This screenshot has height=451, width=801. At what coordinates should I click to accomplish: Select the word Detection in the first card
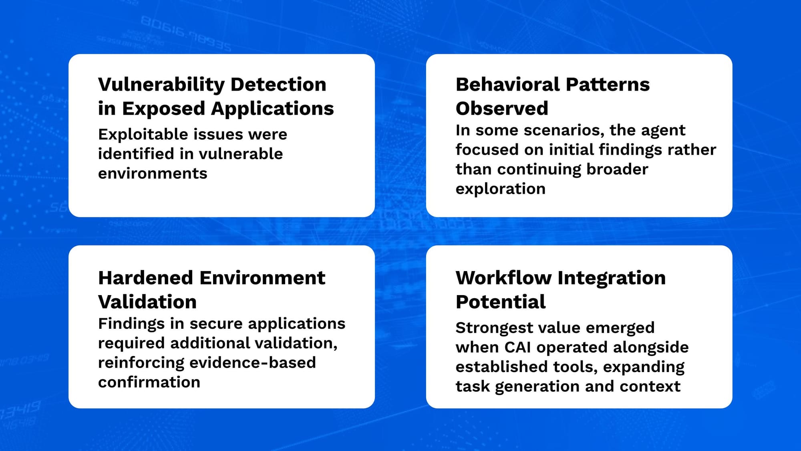pyautogui.click(x=278, y=85)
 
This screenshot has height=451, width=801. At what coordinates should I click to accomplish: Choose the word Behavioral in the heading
pyautogui.click(x=508, y=85)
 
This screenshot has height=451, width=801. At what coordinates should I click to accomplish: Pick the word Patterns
pyautogui.click(x=608, y=85)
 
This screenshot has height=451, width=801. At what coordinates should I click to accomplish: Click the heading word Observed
pyautogui.click(x=502, y=109)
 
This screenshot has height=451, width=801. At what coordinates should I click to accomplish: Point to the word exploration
pyautogui.click(x=501, y=189)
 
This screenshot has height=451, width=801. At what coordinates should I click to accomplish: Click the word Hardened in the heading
pyautogui.click(x=146, y=278)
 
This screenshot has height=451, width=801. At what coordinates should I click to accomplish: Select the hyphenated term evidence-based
pyautogui.click(x=253, y=362)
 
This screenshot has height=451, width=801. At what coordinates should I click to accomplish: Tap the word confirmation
pyautogui.click(x=149, y=382)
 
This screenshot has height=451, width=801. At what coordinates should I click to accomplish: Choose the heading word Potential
pyautogui.click(x=501, y=302)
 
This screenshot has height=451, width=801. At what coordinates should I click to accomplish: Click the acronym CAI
pyautogui.click(x=517, y=348)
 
